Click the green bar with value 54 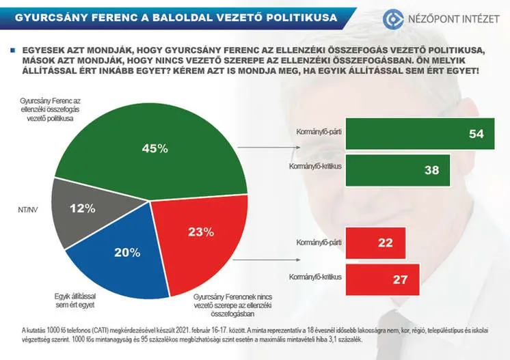pos(420,135)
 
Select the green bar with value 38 pos(398,170)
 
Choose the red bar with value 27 pos(382,280)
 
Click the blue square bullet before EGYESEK pos(12,50)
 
